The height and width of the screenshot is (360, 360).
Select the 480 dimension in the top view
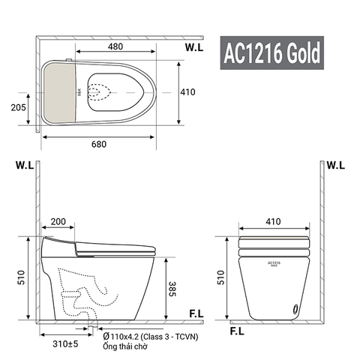pyautogui.click(x=115, y=46)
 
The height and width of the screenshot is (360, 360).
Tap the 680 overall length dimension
pyautogui.click(x=99, y=146)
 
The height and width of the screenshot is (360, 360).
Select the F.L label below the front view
pyautogui.click(x=236, y=330)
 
